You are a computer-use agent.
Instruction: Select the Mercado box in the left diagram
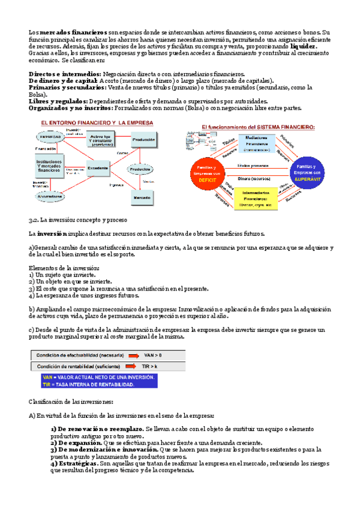click(142, 196)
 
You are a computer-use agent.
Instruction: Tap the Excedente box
click(99, 168)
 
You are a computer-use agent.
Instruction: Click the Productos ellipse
click(139, 169)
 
